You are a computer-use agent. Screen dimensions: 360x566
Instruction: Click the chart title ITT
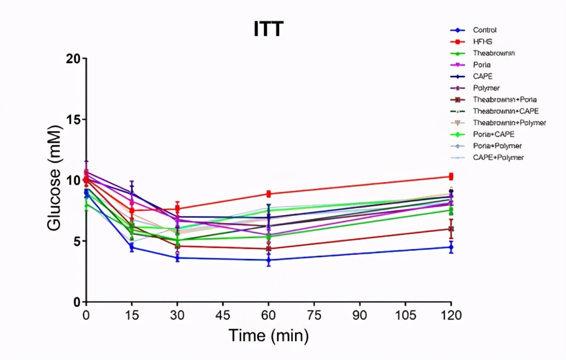(268, 29)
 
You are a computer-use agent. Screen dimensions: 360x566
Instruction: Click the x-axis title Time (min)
(268, 335)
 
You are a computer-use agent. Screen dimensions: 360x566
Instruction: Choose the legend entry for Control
(485, 30)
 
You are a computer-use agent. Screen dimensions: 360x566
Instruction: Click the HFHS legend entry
(483, 42)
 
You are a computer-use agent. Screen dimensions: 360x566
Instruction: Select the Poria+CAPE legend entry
(493, 134)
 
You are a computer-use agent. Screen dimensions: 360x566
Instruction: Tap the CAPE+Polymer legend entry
(498, 157)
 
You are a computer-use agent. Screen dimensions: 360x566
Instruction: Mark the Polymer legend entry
(486, 88)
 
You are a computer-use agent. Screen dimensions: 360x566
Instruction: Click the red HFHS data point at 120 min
(451, 176)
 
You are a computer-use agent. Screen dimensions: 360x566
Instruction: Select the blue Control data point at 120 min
(451, 248)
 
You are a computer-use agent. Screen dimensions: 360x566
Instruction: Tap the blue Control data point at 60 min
(269, 260)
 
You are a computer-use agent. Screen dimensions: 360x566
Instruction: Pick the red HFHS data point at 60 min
(269, 194)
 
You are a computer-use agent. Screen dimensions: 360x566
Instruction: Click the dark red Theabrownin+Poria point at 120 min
(451, 229)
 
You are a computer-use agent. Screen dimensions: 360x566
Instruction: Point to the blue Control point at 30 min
(177, 258)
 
